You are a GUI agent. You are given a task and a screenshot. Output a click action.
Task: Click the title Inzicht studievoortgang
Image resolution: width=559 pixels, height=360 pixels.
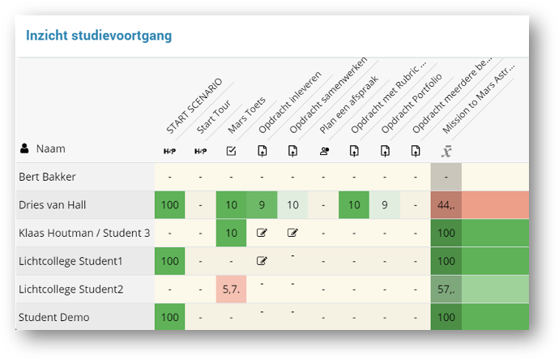98,36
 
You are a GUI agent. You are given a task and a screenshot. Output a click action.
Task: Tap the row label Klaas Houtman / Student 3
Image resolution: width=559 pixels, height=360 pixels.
84,234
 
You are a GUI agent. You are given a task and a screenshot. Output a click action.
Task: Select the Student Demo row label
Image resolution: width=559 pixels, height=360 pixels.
54,317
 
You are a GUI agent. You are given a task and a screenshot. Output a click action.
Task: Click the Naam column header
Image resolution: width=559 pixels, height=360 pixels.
49,149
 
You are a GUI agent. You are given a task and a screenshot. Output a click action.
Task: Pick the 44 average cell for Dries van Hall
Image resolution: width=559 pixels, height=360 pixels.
446,205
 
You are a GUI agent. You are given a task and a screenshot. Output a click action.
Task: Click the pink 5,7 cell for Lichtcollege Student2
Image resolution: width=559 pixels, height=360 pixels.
231,289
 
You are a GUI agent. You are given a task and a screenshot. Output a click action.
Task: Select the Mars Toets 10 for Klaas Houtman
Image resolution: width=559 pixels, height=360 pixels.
231,234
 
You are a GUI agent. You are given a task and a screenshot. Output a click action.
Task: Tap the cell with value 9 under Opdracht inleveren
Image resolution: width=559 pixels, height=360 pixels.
262,205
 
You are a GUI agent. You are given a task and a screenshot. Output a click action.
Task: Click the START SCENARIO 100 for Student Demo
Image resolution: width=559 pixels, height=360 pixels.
169,317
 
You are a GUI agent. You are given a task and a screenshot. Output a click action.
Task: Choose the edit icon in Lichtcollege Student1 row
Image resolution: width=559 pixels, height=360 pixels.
262,261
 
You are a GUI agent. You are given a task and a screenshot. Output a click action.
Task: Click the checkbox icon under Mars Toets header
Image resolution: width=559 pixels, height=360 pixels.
231,150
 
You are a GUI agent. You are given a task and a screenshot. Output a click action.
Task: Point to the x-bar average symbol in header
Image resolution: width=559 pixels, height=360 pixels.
446,150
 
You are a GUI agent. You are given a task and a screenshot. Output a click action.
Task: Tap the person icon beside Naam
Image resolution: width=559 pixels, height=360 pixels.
24,149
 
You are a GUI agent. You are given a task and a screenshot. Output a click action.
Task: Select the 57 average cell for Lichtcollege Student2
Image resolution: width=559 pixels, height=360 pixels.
446,289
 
